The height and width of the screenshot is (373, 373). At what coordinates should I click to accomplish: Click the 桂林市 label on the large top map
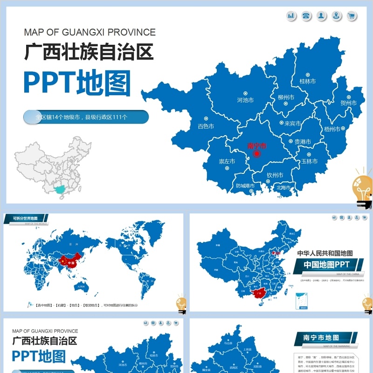pos(307,81)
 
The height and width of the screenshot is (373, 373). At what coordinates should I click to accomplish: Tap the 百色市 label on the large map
pos(206,126)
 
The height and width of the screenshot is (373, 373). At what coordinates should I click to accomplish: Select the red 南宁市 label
pos(256,145)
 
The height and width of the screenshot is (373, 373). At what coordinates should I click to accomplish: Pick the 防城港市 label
pos(245,186)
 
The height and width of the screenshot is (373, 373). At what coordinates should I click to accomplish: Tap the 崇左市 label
pos(227,161)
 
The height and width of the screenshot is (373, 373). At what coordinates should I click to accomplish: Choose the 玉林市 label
pos(309,161)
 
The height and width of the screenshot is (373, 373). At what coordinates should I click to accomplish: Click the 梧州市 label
pos(332,129)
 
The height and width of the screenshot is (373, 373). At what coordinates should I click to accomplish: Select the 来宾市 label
pos(292,124)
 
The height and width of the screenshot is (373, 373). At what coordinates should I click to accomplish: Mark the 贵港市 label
pos(303,141)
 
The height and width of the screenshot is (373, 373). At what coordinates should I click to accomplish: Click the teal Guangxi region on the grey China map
pos(59,189)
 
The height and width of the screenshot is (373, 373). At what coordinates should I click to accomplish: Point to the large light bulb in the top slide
pos(362,189)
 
